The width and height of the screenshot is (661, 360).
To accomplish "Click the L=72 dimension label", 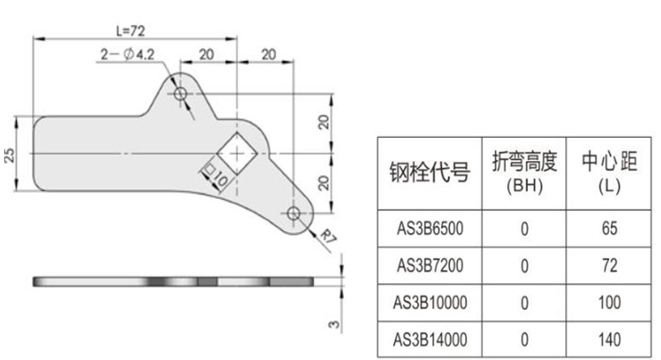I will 131,30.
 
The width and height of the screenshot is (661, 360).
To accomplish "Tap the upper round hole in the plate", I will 181,95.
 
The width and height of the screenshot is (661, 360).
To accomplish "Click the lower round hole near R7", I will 293,213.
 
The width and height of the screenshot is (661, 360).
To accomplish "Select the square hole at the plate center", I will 236,152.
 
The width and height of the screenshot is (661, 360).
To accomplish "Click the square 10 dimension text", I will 210,175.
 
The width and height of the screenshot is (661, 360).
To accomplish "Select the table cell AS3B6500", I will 430,229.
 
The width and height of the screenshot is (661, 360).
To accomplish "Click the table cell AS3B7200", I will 430,266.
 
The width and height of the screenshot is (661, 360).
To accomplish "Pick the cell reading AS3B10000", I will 430,302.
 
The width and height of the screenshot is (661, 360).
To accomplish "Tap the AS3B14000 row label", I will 430,340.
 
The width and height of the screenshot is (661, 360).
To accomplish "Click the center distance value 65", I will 606,229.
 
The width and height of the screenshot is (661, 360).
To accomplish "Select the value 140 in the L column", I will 606,340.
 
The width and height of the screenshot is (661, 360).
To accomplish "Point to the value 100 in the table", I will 606,302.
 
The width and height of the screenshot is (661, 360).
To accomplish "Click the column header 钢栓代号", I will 430,173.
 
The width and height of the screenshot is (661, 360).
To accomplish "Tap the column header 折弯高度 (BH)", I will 523,172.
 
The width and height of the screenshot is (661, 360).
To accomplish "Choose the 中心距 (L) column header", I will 606,172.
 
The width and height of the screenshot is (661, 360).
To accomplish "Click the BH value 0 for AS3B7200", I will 524,266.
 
